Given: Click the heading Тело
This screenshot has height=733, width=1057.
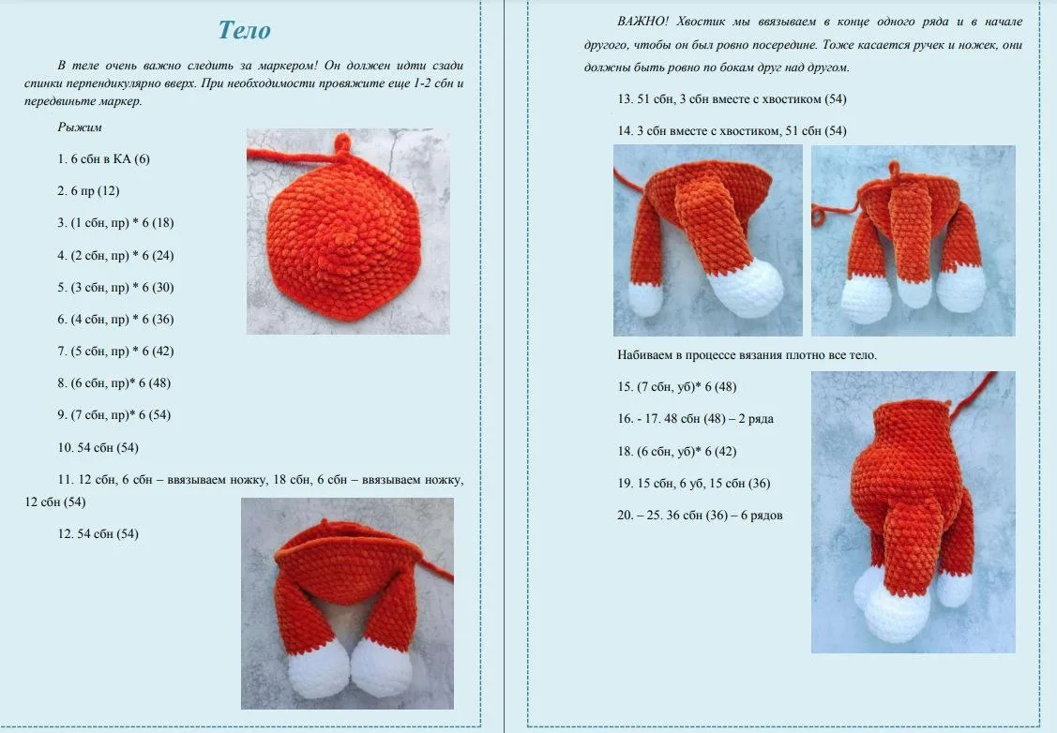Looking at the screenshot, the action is (x=244, y=30).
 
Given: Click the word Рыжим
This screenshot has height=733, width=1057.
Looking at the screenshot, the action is (x=80, y=127).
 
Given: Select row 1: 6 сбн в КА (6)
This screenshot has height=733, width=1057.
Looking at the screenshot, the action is (x=104, y=159).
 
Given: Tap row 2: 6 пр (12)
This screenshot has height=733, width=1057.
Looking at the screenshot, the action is (x=88, y=191).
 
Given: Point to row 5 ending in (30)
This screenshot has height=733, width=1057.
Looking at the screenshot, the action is (x=115, y=288).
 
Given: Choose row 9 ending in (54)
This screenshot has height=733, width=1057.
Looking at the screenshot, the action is (x=113, y=415).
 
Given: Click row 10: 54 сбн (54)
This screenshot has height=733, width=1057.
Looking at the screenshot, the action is (x=98, y=448).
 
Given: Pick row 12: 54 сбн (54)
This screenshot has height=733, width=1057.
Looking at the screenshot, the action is (x=98, y=534).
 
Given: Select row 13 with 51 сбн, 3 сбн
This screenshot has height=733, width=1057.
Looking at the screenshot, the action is (x=732, y=99).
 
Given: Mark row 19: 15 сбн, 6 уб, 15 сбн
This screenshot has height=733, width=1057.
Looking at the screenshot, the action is (x=694, y=484).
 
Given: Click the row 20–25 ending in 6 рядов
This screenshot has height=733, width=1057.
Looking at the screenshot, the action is (x=700, y=516).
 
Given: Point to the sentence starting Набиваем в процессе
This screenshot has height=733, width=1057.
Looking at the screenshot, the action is (x=747, y=355).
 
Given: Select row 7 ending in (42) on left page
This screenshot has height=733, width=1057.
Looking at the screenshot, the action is (x=115, y=352).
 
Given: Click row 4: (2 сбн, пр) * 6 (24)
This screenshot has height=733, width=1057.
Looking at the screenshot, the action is (x=115, y=256).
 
